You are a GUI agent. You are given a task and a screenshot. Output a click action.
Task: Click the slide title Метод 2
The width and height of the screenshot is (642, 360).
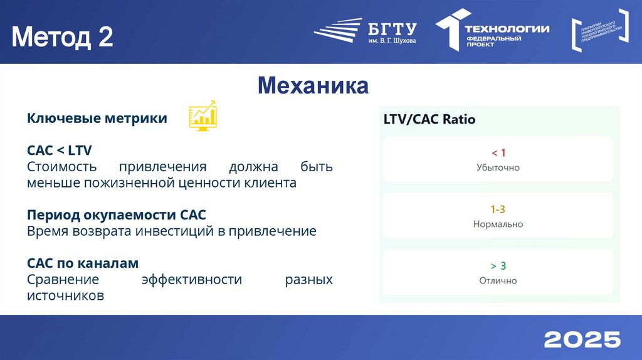tap(62, 37)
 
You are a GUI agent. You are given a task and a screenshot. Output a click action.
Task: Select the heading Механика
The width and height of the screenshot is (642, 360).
tap(313, 85)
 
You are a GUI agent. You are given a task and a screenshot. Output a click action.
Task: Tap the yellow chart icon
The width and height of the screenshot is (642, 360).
tap(203, 115)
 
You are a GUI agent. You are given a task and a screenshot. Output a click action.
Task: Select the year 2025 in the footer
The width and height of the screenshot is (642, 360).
tap(582, 339)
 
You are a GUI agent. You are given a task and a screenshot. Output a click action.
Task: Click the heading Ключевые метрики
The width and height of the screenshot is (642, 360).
tap(97, 118)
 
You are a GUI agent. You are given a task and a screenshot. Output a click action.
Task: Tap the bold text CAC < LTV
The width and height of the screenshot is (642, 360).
tap(60, 151)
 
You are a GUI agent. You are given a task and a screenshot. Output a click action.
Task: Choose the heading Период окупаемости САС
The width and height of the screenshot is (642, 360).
tap(117, 215)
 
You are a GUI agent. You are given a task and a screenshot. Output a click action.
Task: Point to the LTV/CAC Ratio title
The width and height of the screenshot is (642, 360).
tap(429, 119)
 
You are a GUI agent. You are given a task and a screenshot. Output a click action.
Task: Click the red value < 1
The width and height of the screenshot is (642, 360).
tap(498, 153)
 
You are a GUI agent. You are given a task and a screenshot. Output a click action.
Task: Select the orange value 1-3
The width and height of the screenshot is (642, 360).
tap(498, 209)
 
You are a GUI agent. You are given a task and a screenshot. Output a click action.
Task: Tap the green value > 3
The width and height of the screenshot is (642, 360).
tap(498, 266)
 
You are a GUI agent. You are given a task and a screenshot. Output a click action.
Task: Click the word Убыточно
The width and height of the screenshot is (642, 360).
tap(498, 168)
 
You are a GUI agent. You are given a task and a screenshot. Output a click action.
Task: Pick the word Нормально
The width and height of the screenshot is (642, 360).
tap(498, 225)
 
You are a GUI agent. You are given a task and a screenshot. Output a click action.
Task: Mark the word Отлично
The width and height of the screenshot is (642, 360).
tap(498, 281)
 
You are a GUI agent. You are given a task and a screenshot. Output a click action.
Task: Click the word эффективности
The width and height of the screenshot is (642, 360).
tap(192, 279)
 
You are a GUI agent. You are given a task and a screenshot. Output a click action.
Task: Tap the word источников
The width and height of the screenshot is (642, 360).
tap(65, 295)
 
